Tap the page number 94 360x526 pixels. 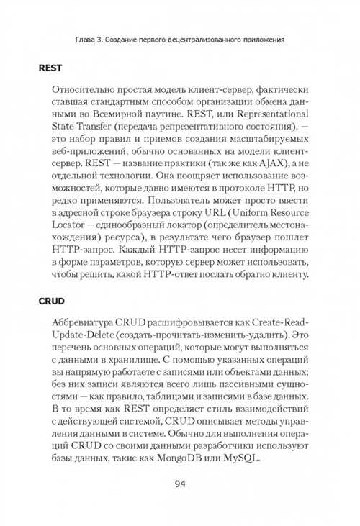tap(180, 483)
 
